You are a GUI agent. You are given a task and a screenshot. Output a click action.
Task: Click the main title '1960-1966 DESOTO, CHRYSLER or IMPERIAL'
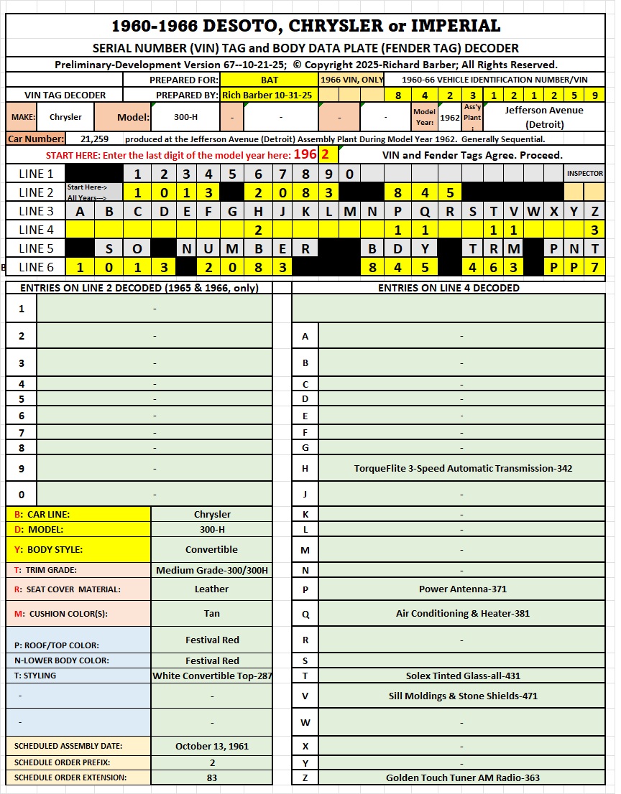click(x=305, y=26)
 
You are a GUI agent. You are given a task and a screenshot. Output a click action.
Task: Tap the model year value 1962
click(x=449, y=117)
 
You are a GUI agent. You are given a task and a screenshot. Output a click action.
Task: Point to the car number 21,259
click(x=94, y=139)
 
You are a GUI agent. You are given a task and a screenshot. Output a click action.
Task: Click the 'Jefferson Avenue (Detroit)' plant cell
click(x=543, y=117)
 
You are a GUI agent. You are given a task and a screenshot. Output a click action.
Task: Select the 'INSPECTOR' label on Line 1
click(x=584, y=174)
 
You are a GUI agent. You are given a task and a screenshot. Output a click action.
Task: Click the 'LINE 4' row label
click(x=36, y=230)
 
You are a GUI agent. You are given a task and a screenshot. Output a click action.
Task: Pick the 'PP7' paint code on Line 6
click(x=574, y=267)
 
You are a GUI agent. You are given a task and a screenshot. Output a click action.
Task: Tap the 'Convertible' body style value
click(x=211, y=550)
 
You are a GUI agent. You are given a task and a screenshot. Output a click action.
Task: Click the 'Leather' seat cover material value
click(x=211, y=589)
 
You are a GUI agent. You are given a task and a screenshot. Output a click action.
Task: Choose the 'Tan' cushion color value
click(x=211, y=614)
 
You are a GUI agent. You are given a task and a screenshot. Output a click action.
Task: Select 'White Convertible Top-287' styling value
click(x=211, y=676)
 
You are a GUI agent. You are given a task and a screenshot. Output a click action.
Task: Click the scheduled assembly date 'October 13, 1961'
click(x=211, y=746)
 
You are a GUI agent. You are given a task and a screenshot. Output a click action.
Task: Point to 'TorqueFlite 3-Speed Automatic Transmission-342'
click(x=462, y=469)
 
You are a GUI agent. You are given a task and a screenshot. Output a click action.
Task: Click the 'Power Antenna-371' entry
click(x=462, y=589)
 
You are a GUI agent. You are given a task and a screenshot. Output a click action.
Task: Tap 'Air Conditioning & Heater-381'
click(x=462, y=614)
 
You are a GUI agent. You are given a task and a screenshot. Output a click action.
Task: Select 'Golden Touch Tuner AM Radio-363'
click(x=462, y=777)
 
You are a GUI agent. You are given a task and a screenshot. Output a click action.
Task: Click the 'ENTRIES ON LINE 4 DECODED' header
click(x=448, y=288)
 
